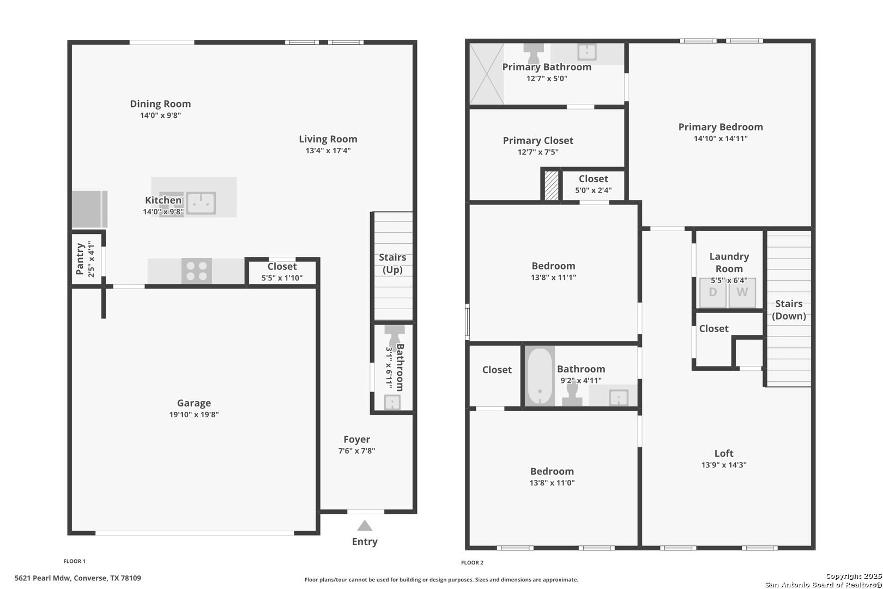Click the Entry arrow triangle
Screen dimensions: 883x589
pyautogui.click(x=365, y=526)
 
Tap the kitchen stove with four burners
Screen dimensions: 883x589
pyautogui.click(x=197, y=271)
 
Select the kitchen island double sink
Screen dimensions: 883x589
pyautogui.click(x=201, y=203)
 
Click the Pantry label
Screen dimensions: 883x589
pyautogui.click(x=80, y=259)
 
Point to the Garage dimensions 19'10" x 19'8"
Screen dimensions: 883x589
pyautogui.click(x=194, y=414)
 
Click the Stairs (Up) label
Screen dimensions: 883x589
pyautogui.click(x=392, y=263)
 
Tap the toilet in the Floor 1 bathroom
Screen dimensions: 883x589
pyautogui.click(x=394, y=334)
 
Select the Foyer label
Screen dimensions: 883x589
pyautogui.click(x=357, y=440)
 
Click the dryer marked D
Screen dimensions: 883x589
pyautogui.click(x=713, y=293)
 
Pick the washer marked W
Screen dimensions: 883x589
pyautogui.click(x=742, y=293)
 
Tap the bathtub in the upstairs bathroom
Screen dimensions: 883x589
pyautogui.click(x=540, y=376)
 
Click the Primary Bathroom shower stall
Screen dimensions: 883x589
pyautogui.click(x=487, y=74)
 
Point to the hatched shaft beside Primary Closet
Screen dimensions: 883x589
pyautogui.click(x=551, y=185)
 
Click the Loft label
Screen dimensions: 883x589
pyautogui.click(x=724, y=454)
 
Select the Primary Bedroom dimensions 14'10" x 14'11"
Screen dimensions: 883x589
pyautogui.click(x=721, y=139)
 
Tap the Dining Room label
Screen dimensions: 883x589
pyautogui.click(x=160, y=104)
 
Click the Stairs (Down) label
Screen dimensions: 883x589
pyautogui.click(x=789, y=310)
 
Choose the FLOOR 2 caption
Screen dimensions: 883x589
pyautogui.click(x=472, y=563)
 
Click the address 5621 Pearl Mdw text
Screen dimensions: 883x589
pyautogui.click(x=43, y=578)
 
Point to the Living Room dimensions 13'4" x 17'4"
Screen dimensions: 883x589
pyautogui.click(x=328, y=151)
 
